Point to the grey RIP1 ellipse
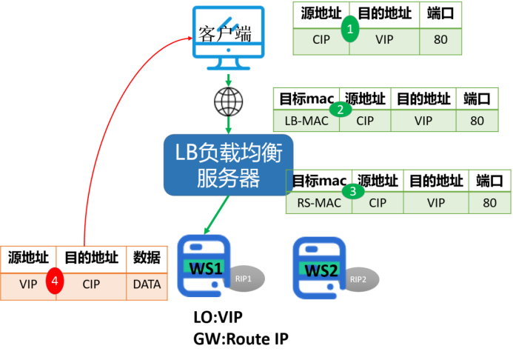[245, 279]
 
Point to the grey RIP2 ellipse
[358, 279]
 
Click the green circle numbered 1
[352, 29]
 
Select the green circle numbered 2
[341, 110]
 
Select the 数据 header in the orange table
[147, 258]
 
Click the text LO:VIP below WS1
[217, 318]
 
